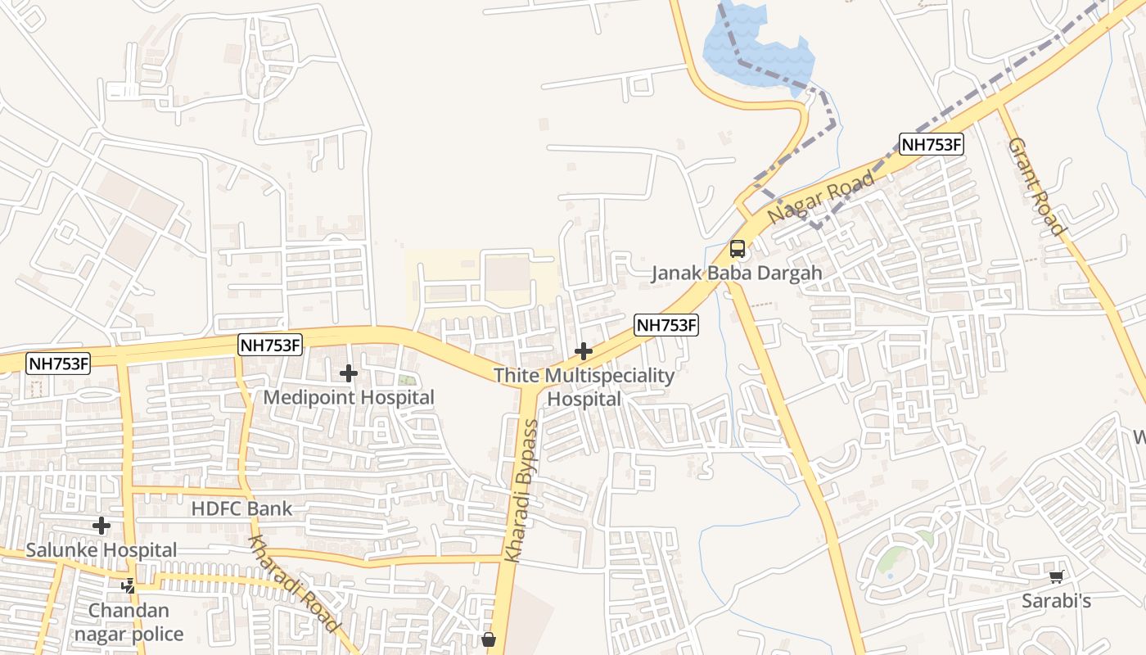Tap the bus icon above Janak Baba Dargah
[738, 249]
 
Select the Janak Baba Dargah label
[736, 273]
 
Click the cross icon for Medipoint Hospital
[349, 374]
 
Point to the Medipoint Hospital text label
[349, 398]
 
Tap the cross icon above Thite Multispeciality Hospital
[584, 352]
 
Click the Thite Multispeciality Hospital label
[584, 387]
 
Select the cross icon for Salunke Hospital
[102, 526]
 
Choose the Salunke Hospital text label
[102, 550]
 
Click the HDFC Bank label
[241, 508]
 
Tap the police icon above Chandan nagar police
[129, 586]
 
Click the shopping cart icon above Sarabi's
[1057, 577]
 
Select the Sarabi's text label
[1056, 602]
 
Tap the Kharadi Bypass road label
[522, 490]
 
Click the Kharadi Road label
[293, 584]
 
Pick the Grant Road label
[1035, 187]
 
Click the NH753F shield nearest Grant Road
[931, 145]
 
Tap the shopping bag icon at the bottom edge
[489, 639]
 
